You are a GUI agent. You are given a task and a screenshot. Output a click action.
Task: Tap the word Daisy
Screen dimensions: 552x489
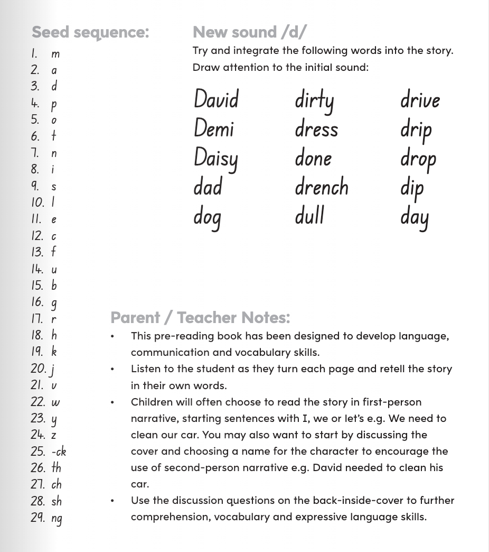[216, 158]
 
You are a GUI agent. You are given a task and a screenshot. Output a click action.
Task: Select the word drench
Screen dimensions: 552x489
[322, 187]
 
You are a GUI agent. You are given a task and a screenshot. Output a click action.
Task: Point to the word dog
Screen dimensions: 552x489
[207, 217]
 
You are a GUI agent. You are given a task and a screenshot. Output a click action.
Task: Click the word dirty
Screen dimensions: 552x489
[314, 100]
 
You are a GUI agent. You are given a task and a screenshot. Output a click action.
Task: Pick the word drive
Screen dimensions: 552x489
[420, 99]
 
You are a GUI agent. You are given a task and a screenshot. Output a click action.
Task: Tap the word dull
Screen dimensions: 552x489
[309, 215]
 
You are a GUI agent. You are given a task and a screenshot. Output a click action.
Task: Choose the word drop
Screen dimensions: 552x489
[418, 159]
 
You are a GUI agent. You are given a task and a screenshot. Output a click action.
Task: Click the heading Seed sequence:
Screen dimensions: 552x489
[90, 32]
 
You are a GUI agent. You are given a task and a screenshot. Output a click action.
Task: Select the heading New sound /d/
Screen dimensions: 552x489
[249, 32]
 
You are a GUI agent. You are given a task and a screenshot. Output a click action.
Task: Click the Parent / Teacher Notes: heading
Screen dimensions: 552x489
[200, 317]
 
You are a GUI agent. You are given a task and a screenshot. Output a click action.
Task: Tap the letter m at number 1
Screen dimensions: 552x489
[55, 54]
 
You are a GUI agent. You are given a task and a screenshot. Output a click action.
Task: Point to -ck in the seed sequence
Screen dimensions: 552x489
[59, 452]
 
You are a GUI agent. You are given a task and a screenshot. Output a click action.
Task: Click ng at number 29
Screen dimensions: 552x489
[57, 518]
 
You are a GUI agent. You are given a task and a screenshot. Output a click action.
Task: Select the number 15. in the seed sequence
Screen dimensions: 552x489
[37, 286]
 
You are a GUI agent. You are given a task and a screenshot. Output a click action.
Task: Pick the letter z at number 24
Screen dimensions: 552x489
[54, 436]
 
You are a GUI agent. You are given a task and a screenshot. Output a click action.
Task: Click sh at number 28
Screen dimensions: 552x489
[57, 501]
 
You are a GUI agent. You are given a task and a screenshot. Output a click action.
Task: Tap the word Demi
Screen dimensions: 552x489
[214, 128]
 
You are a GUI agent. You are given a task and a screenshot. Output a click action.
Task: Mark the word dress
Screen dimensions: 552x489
[316, 129]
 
